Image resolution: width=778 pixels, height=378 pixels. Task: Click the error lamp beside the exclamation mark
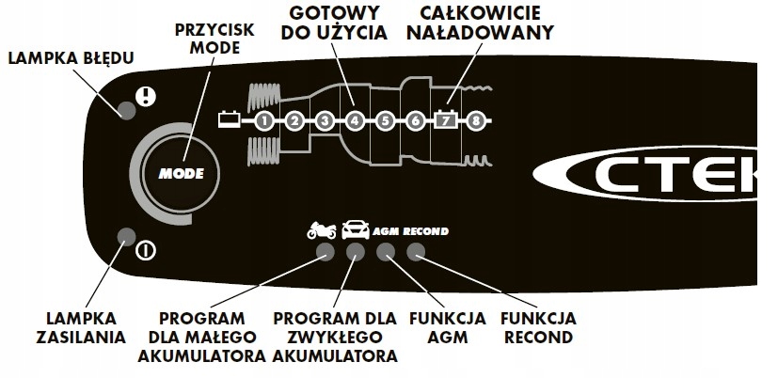[x=126, y=108]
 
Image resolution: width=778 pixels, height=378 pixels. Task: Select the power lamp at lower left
[x=124, y=236]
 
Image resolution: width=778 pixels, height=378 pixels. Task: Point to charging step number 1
[x=264, y=120]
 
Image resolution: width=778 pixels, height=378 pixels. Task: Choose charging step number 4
[x=355, y=120]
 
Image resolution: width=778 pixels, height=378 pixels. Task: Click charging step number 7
[x=446, y=120]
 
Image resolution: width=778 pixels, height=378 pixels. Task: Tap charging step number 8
[x=477, y=120]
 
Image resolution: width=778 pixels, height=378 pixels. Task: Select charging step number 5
[x=386, y=120]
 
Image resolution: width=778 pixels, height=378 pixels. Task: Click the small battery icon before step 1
[x=229, y=119]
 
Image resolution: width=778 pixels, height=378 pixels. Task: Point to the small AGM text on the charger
[x=387, y=230]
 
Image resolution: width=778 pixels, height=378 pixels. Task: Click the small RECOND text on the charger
[x=426, y=230]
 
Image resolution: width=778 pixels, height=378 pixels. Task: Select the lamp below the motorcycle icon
[x=325, y=252]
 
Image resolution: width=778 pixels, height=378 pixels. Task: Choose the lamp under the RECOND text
[x=416, y=252]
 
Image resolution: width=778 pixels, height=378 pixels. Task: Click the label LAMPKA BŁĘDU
[x=70, y=58]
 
